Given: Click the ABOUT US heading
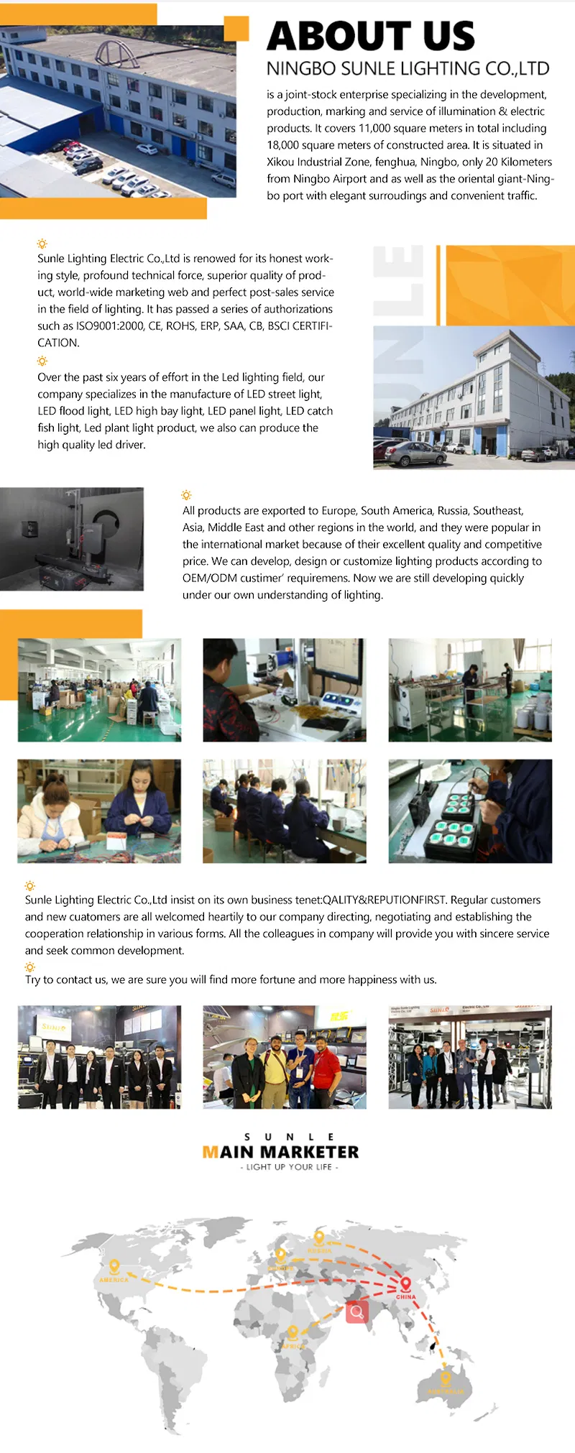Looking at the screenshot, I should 371,36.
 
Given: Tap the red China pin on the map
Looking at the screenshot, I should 405,1283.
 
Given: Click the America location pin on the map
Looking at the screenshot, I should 114,1267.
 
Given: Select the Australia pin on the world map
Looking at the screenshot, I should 445,1378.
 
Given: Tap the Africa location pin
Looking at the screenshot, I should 293,1333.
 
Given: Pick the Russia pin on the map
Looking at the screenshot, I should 319,1238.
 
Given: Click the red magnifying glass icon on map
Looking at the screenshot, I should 356,1312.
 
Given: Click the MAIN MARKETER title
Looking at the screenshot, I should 280,1152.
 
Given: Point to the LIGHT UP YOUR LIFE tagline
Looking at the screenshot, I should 289,1167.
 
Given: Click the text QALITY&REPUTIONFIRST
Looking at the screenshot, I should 385,900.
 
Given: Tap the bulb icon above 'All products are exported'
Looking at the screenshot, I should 186,495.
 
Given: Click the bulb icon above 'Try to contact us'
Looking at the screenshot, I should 29,967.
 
